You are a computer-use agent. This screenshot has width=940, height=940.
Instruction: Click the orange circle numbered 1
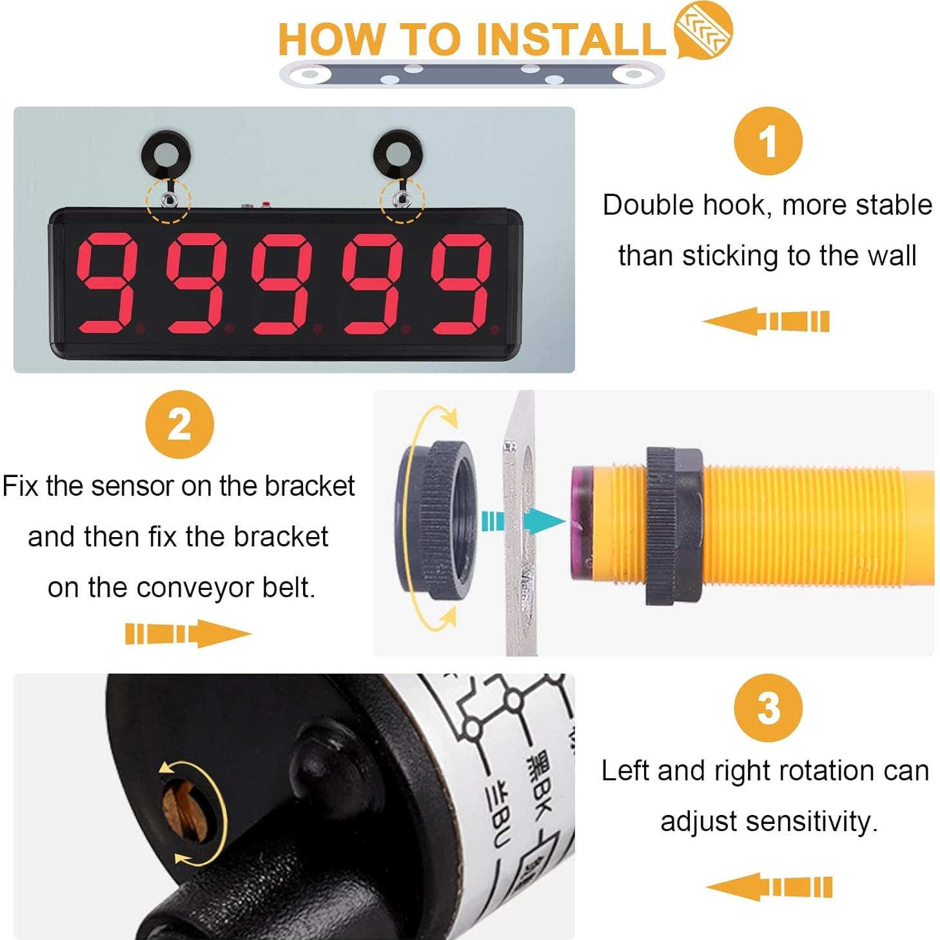767,141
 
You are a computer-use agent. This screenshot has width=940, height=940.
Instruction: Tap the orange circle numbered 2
179,424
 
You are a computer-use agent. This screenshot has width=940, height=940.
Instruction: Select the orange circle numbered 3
768,708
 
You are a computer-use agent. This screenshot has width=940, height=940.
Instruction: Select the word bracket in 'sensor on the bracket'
309,486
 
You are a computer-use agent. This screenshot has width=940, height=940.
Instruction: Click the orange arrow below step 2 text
188,633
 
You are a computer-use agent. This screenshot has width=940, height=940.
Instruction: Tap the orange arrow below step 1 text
766,321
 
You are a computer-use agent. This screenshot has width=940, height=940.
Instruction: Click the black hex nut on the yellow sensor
673,525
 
